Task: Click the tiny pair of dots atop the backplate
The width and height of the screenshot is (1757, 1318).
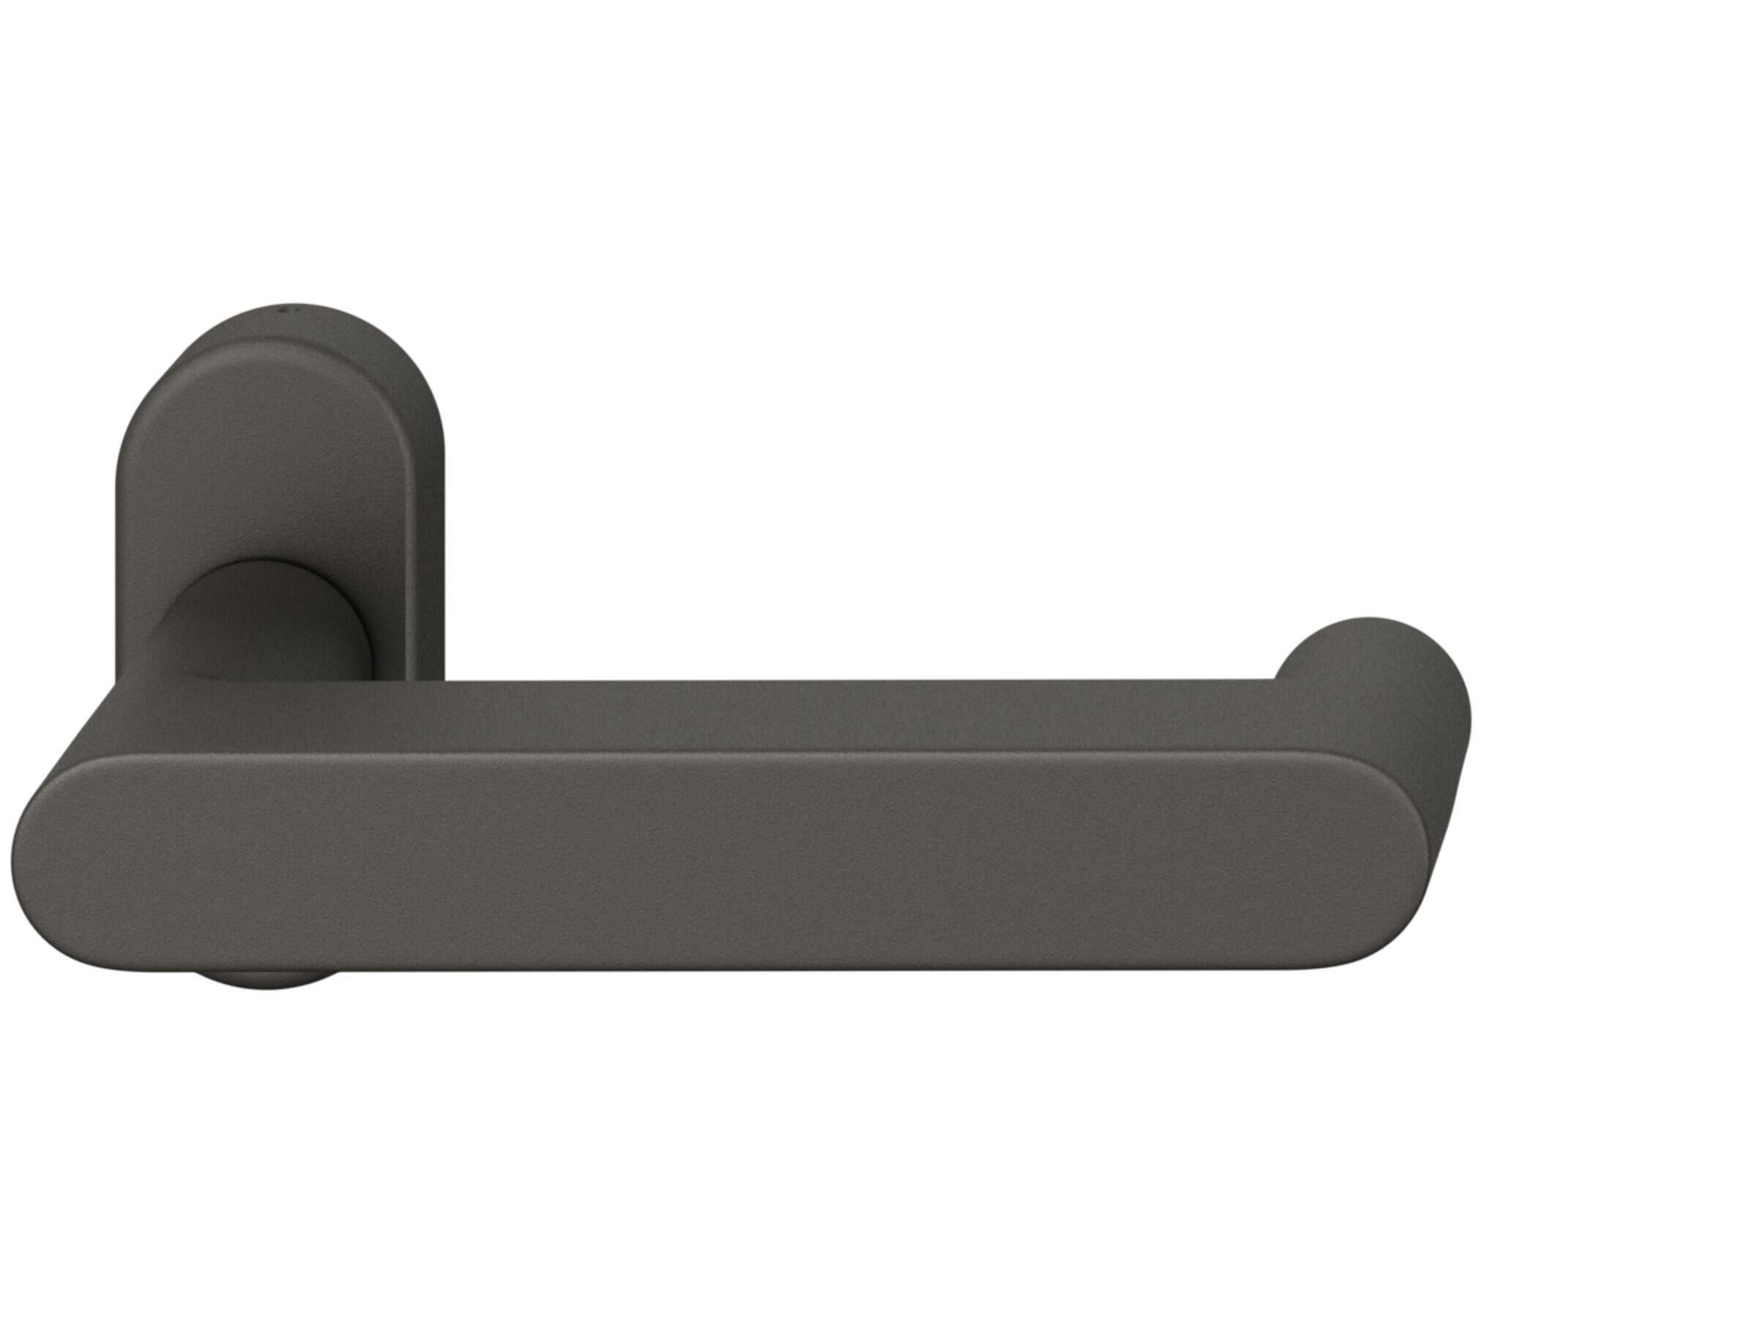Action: (x=286, y=307)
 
